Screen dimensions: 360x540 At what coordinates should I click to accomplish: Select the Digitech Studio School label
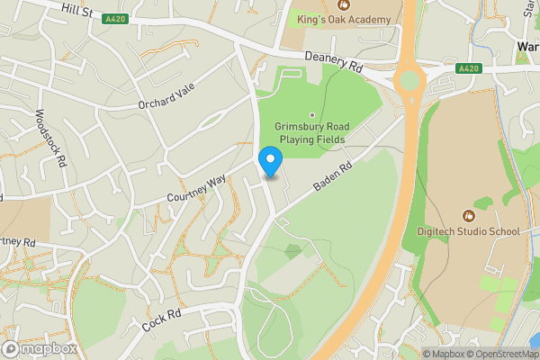pyautogui.click(x=468, y=231)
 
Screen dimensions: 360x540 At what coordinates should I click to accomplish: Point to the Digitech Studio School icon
pyautogui.click(x=468, y=216)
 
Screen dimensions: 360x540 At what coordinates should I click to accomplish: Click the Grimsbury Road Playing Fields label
pyautogui.click(x=312, y=133)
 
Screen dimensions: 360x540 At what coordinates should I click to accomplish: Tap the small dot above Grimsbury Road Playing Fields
pyautogui.click(x=312, y=114)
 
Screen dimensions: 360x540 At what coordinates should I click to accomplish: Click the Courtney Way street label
pyautogui.click(x=195, y=189)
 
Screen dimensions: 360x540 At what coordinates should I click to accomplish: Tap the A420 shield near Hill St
pyautogui.click(x=114, y=18)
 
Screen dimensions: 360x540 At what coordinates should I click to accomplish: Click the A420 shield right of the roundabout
pyautogui.click(x=468, y=67)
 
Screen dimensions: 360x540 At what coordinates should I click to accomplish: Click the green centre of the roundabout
pyautogui.click(x=410, y=82)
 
